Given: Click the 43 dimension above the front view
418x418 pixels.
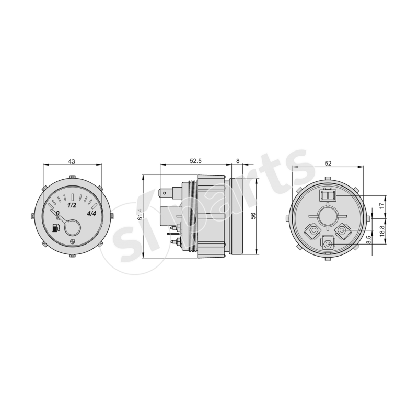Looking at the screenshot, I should point(72,161).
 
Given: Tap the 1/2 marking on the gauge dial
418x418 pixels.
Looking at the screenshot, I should point(73,205).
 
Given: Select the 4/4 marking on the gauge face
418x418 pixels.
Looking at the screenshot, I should point(91,213).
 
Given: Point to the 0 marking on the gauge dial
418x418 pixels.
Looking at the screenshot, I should point(57,213).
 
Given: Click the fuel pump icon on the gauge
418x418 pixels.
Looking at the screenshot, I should point(56,228).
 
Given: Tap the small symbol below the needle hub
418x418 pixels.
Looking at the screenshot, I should point(72,241).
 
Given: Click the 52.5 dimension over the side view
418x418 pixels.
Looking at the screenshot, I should point(195,161).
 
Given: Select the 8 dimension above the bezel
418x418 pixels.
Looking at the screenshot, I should point(238,161).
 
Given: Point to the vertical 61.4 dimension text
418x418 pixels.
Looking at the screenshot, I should point(140,214).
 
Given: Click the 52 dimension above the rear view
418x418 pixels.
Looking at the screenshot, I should point(328,163).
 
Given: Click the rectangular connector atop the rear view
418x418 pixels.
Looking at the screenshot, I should point(327,195).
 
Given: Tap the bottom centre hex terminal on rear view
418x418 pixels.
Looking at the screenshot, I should point(328,243).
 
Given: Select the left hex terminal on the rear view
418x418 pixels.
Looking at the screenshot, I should point(312,230).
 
